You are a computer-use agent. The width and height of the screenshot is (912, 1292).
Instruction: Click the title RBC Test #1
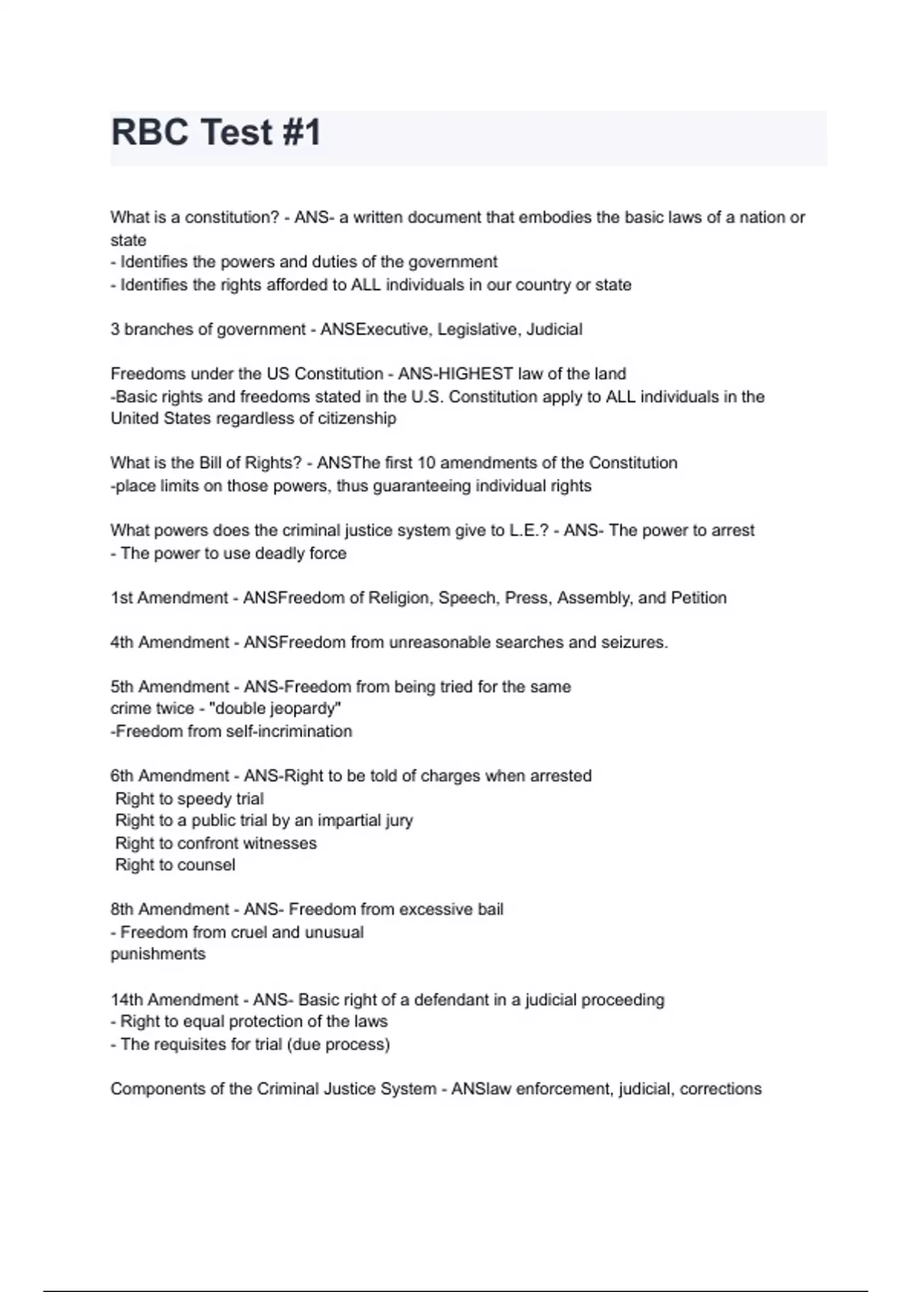[217, 132]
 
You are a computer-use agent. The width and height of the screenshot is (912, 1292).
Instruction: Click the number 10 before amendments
[425, 463]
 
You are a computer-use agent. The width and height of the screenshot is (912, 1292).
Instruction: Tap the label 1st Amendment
[169, 598]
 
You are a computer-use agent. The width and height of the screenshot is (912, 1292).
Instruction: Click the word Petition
[698, 598]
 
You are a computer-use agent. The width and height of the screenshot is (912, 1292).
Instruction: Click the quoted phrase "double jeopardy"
[274, 708]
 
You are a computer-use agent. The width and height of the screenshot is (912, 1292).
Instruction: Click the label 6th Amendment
[170, 776]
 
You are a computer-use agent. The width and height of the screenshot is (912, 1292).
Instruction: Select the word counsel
[206, 865]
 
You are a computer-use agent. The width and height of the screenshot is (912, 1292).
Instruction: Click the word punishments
[158, 954]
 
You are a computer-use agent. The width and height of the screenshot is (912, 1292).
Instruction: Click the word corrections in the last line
[720, 1089]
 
